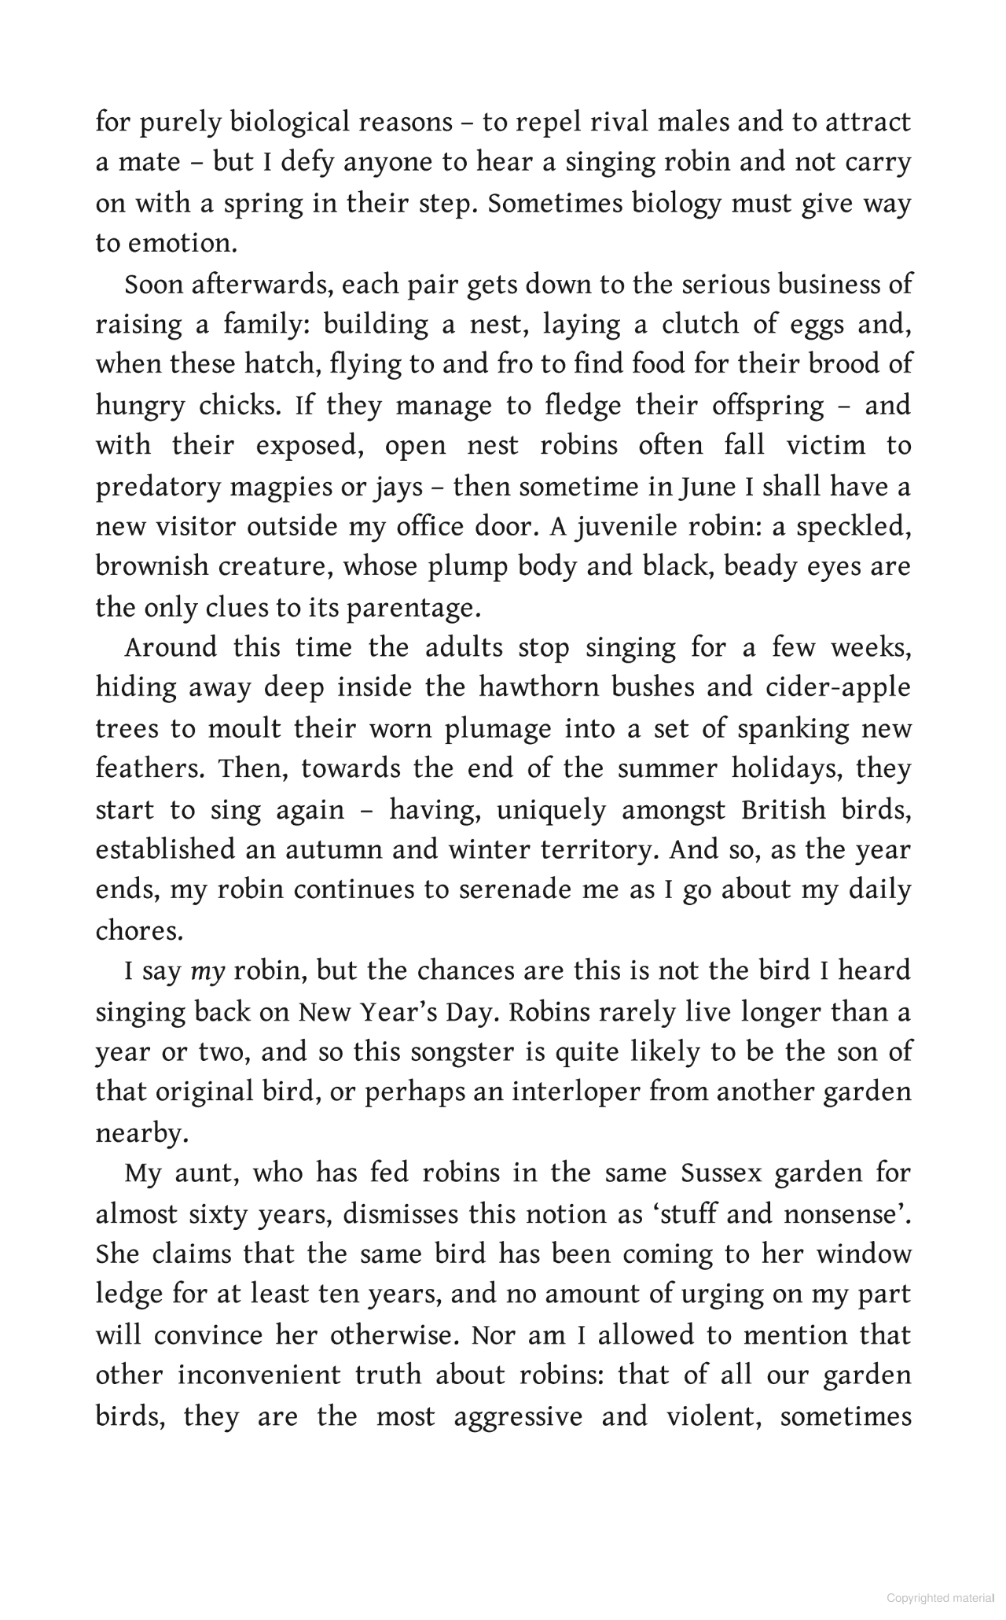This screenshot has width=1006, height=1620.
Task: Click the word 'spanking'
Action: pyautogui.click(x=793, y=728)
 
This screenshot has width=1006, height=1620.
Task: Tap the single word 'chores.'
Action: pyautogui.click(x=140, y=931)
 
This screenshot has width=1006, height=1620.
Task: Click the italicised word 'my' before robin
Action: pyautogui.click(x=208, y=972)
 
